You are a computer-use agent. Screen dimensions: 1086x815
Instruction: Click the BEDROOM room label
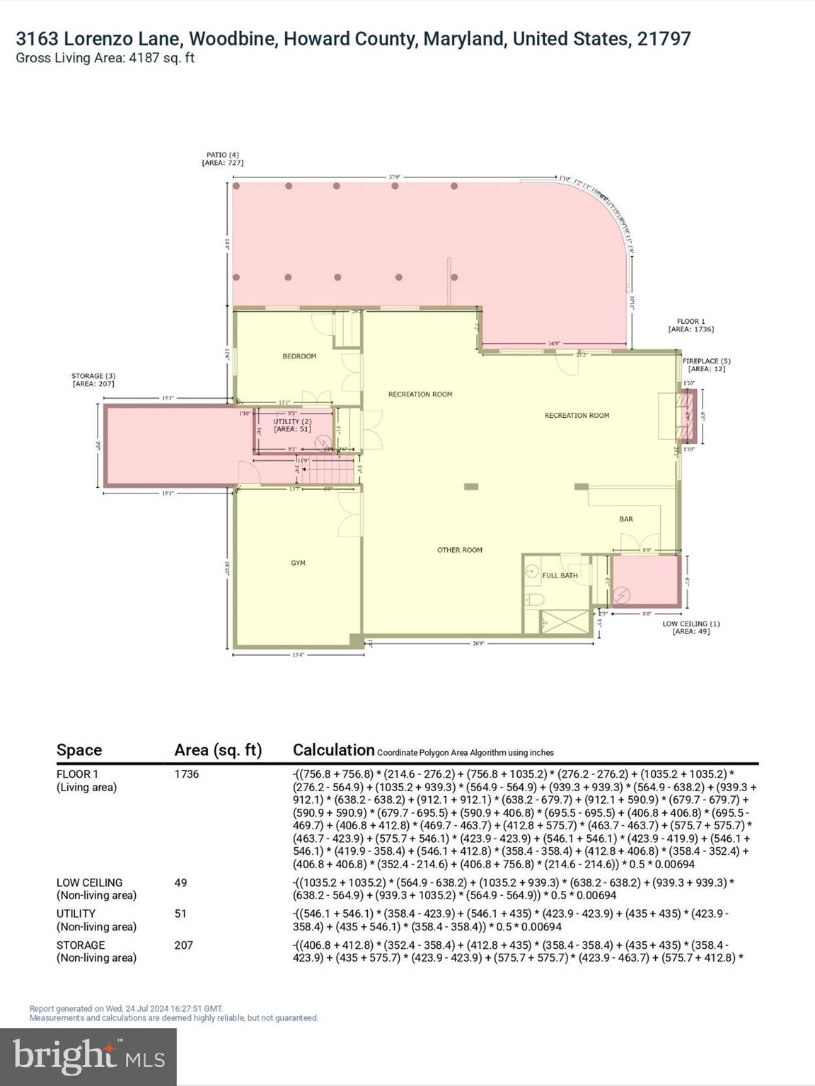[299, 356]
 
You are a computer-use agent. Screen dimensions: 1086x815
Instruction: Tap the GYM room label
[298, 563]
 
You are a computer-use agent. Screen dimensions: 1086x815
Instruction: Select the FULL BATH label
[560, 576]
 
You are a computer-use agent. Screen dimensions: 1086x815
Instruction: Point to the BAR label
[626, 519]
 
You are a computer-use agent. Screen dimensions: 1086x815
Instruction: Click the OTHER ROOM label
[460, 550]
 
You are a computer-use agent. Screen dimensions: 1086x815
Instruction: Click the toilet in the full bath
[536, 600]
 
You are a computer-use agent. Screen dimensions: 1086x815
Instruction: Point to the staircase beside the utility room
[332, 469]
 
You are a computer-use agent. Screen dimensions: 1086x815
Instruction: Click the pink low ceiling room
[645, 581]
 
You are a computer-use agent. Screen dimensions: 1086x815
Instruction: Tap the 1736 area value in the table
[187, 774]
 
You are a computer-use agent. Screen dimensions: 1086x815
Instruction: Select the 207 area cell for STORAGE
[184, 945]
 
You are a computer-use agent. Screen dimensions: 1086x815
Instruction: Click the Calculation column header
[333, 750]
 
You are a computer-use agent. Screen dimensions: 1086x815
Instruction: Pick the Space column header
[79, 750]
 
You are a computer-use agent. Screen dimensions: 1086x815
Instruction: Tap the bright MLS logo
[88, 1056]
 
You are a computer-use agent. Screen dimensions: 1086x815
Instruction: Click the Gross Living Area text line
[105, 58]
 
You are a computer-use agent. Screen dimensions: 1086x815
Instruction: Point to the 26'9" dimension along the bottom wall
[478, 643]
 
